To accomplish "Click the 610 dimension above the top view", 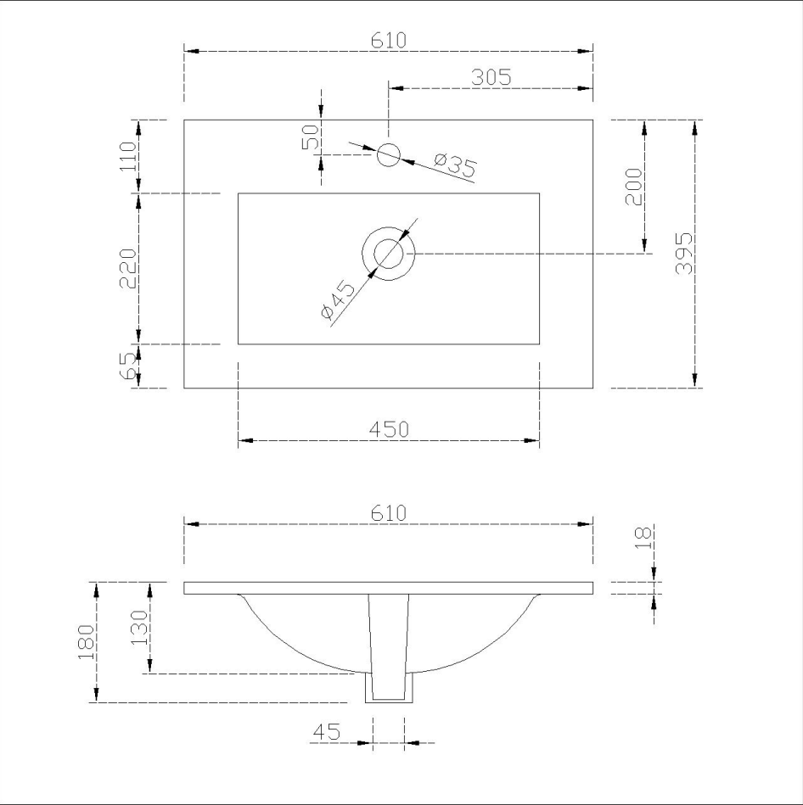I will (x=389, y=40).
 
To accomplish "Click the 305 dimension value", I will (x=491, y=76).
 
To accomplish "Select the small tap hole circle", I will (x=388, y=155).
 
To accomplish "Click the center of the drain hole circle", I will (x=388, y=253).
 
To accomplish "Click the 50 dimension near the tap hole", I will (x=311, y=137).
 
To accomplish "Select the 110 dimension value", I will (x=128, y=157).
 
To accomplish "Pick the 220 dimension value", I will (x=128, y=268).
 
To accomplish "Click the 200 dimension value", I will (x=634, y=187).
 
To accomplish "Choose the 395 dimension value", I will (x=684, y=253).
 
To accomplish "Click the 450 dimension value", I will (x=389, y=428).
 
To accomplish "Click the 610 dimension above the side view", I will (x=389, y=512).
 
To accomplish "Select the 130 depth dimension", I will (x=141, y=628).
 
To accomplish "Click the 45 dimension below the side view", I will (x=326, y=731).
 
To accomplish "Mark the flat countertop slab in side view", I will (x=389, y=588).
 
